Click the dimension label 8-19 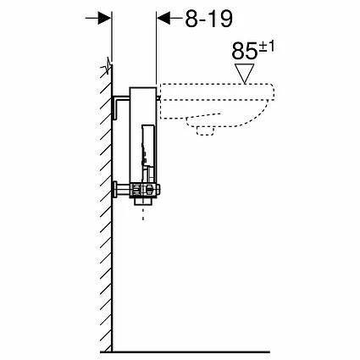[208, 19]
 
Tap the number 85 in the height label [245, 51]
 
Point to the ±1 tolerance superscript [266, 47]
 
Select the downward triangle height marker [245, 74]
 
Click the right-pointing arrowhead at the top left [104, 18]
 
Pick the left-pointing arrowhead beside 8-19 [163, 18]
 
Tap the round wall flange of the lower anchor [115, 190]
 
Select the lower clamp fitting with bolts [145, 190]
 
